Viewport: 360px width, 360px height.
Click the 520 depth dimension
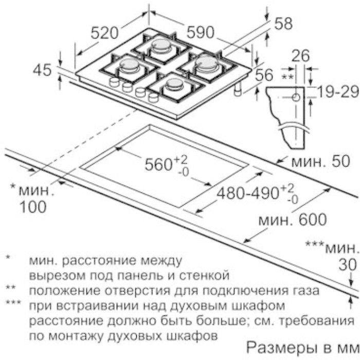[x=104, y=33]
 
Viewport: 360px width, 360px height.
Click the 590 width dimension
[x=200, y=32]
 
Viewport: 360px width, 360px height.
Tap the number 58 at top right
[x=283, y=24]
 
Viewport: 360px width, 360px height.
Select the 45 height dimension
[x=42, y=70]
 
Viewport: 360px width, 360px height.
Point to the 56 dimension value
[x=264, y=75]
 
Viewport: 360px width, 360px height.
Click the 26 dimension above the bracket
[x=300, y=56]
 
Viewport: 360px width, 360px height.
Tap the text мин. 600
[x=293, y=220]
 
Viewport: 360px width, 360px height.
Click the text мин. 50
[x=321, y=161]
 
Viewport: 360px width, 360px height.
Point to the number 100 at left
[x=33, y=207]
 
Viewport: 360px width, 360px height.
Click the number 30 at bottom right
[x=348, y=264]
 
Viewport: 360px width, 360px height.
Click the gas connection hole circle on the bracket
[x=296, y=98]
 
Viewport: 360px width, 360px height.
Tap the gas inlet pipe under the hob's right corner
[x=238, y=89]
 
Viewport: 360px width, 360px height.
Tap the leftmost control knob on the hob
[x=114, y=82]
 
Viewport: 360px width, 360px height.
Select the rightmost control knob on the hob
[x=153, y=97]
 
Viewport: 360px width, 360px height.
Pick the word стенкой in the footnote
[x=204, y=276]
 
